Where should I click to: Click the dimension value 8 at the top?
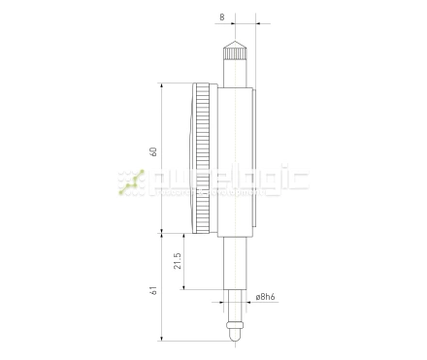223,16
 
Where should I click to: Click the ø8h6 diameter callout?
267,298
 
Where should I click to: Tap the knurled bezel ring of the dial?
203,160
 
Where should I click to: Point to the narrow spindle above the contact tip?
234,307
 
